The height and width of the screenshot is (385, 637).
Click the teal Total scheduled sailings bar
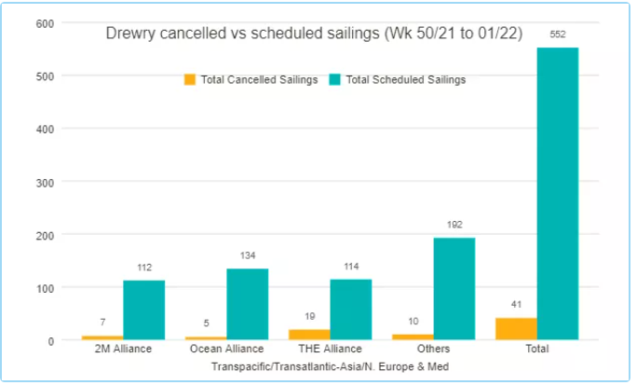pyautogui.click(x=557, y=194)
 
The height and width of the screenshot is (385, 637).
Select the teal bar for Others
pyautogui.click(x=454, y=289)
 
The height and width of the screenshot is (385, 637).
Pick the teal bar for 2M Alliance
pyautogui.click(x=143, y=309)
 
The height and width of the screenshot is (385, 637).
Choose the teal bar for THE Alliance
pyautogui.click(x=350, y=309)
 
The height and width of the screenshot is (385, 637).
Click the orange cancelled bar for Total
pyautogui.click(x=516, y=329)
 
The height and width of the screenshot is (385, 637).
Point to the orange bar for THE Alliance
pyautogui.click(x=309, y=335)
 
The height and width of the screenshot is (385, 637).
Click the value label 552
pyautogui.click(x=557, y=34)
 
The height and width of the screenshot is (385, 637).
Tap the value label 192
pyautogui.click(x=454, y=225)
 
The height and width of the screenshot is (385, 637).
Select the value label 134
pyautogui.click(x=247, y=255)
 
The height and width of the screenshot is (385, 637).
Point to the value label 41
pyautogui.click(x=516, y=305)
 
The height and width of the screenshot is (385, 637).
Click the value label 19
pyautogui.click(x=309, y=317)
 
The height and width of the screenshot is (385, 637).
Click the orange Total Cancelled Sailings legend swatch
pyautogui.click(x=190, y=80)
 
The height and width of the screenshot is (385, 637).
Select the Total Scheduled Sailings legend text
pyautogui.click(x=405, y=80)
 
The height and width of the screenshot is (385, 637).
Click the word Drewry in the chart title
pyautogui.click(x=129, y=34)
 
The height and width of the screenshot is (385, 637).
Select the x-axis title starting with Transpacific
pyautogui.click(x=330, y=367)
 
